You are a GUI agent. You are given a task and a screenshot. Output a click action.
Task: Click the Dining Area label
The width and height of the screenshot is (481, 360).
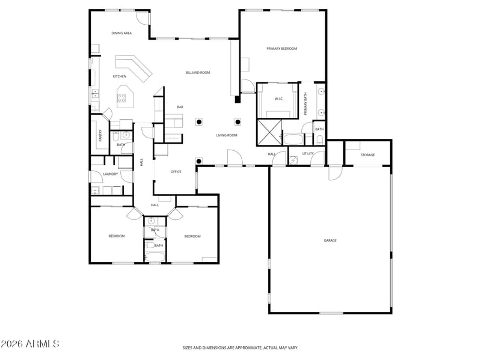tap(121, 33)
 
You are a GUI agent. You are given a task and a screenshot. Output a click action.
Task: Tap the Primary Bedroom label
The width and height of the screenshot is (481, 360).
tap(281, 49)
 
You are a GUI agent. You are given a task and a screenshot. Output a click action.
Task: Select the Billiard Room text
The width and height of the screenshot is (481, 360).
tap(198, 73)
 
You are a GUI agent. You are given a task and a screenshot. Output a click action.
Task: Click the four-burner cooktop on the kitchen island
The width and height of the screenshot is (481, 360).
tap(121, 98)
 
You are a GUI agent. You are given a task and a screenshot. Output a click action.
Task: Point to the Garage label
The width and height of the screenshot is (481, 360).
tap(330, 240)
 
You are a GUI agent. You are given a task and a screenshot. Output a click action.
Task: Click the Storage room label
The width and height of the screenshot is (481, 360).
tap(367, 155)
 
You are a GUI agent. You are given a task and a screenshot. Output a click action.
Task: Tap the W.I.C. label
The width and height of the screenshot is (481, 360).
tap(279, 99)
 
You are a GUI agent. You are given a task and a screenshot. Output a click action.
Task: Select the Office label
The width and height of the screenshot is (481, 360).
tap(176, 172)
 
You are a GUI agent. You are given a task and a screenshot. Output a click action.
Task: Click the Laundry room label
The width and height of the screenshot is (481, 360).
tap(111, 174)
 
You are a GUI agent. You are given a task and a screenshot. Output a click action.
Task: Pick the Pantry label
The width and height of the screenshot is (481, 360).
tap(100, 136)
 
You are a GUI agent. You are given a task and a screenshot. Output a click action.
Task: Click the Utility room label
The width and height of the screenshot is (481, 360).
tap(308, 154)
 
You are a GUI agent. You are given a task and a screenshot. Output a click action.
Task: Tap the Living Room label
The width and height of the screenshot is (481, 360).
tap(227, 135)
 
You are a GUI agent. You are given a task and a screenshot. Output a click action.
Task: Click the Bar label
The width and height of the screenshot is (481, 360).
tap(180, 107)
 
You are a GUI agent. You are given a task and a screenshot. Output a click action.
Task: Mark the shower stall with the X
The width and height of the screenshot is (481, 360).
tap(269, 132)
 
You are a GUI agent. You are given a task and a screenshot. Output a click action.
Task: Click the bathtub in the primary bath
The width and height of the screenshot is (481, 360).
tap(293, 139)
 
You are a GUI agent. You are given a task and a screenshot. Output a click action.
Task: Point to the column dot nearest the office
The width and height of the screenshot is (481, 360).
tap(199, 161)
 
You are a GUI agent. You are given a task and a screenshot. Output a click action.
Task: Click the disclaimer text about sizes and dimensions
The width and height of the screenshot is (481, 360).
tap(240, 348)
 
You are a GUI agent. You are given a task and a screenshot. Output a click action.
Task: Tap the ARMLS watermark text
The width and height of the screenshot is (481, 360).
tap(29, 344)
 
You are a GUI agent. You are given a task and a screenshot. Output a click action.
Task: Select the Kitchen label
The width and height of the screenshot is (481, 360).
tap(120, 76)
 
